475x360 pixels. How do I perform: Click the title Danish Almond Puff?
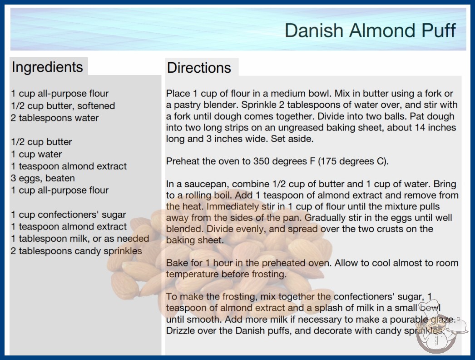pos(370,30)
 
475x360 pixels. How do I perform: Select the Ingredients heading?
pos(47,67)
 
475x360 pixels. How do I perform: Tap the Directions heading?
pos(199,68)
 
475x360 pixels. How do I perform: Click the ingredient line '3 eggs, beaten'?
pos(43,178)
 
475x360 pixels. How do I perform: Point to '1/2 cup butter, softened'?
pos(63,106)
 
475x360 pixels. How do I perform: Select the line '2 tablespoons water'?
pos(55,118)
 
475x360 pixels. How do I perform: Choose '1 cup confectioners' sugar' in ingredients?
pos(69,215)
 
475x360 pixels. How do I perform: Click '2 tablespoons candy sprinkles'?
pos(76,251)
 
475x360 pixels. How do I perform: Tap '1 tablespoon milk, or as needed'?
pos(80,239)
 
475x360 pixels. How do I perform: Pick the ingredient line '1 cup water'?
pos(36,155)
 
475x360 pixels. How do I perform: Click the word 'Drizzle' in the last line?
pos(180,330)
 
